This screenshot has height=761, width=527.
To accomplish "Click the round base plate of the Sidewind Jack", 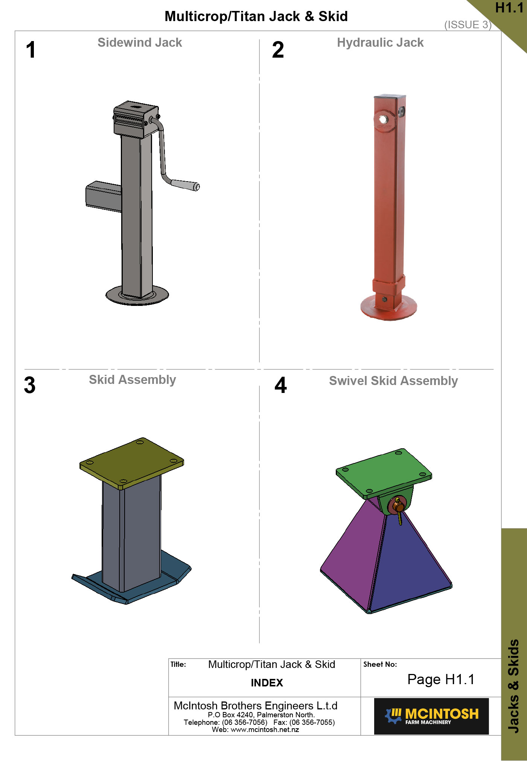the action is (137, 295).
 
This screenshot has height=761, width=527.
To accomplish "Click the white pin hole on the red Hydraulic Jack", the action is (383, 120).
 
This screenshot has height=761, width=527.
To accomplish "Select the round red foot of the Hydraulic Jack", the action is (389, 307).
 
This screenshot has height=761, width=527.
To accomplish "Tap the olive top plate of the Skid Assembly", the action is (132, 463).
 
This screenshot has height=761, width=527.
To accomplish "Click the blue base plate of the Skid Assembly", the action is (132, 580).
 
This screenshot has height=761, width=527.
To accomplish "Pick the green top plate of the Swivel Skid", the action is (384, 473).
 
